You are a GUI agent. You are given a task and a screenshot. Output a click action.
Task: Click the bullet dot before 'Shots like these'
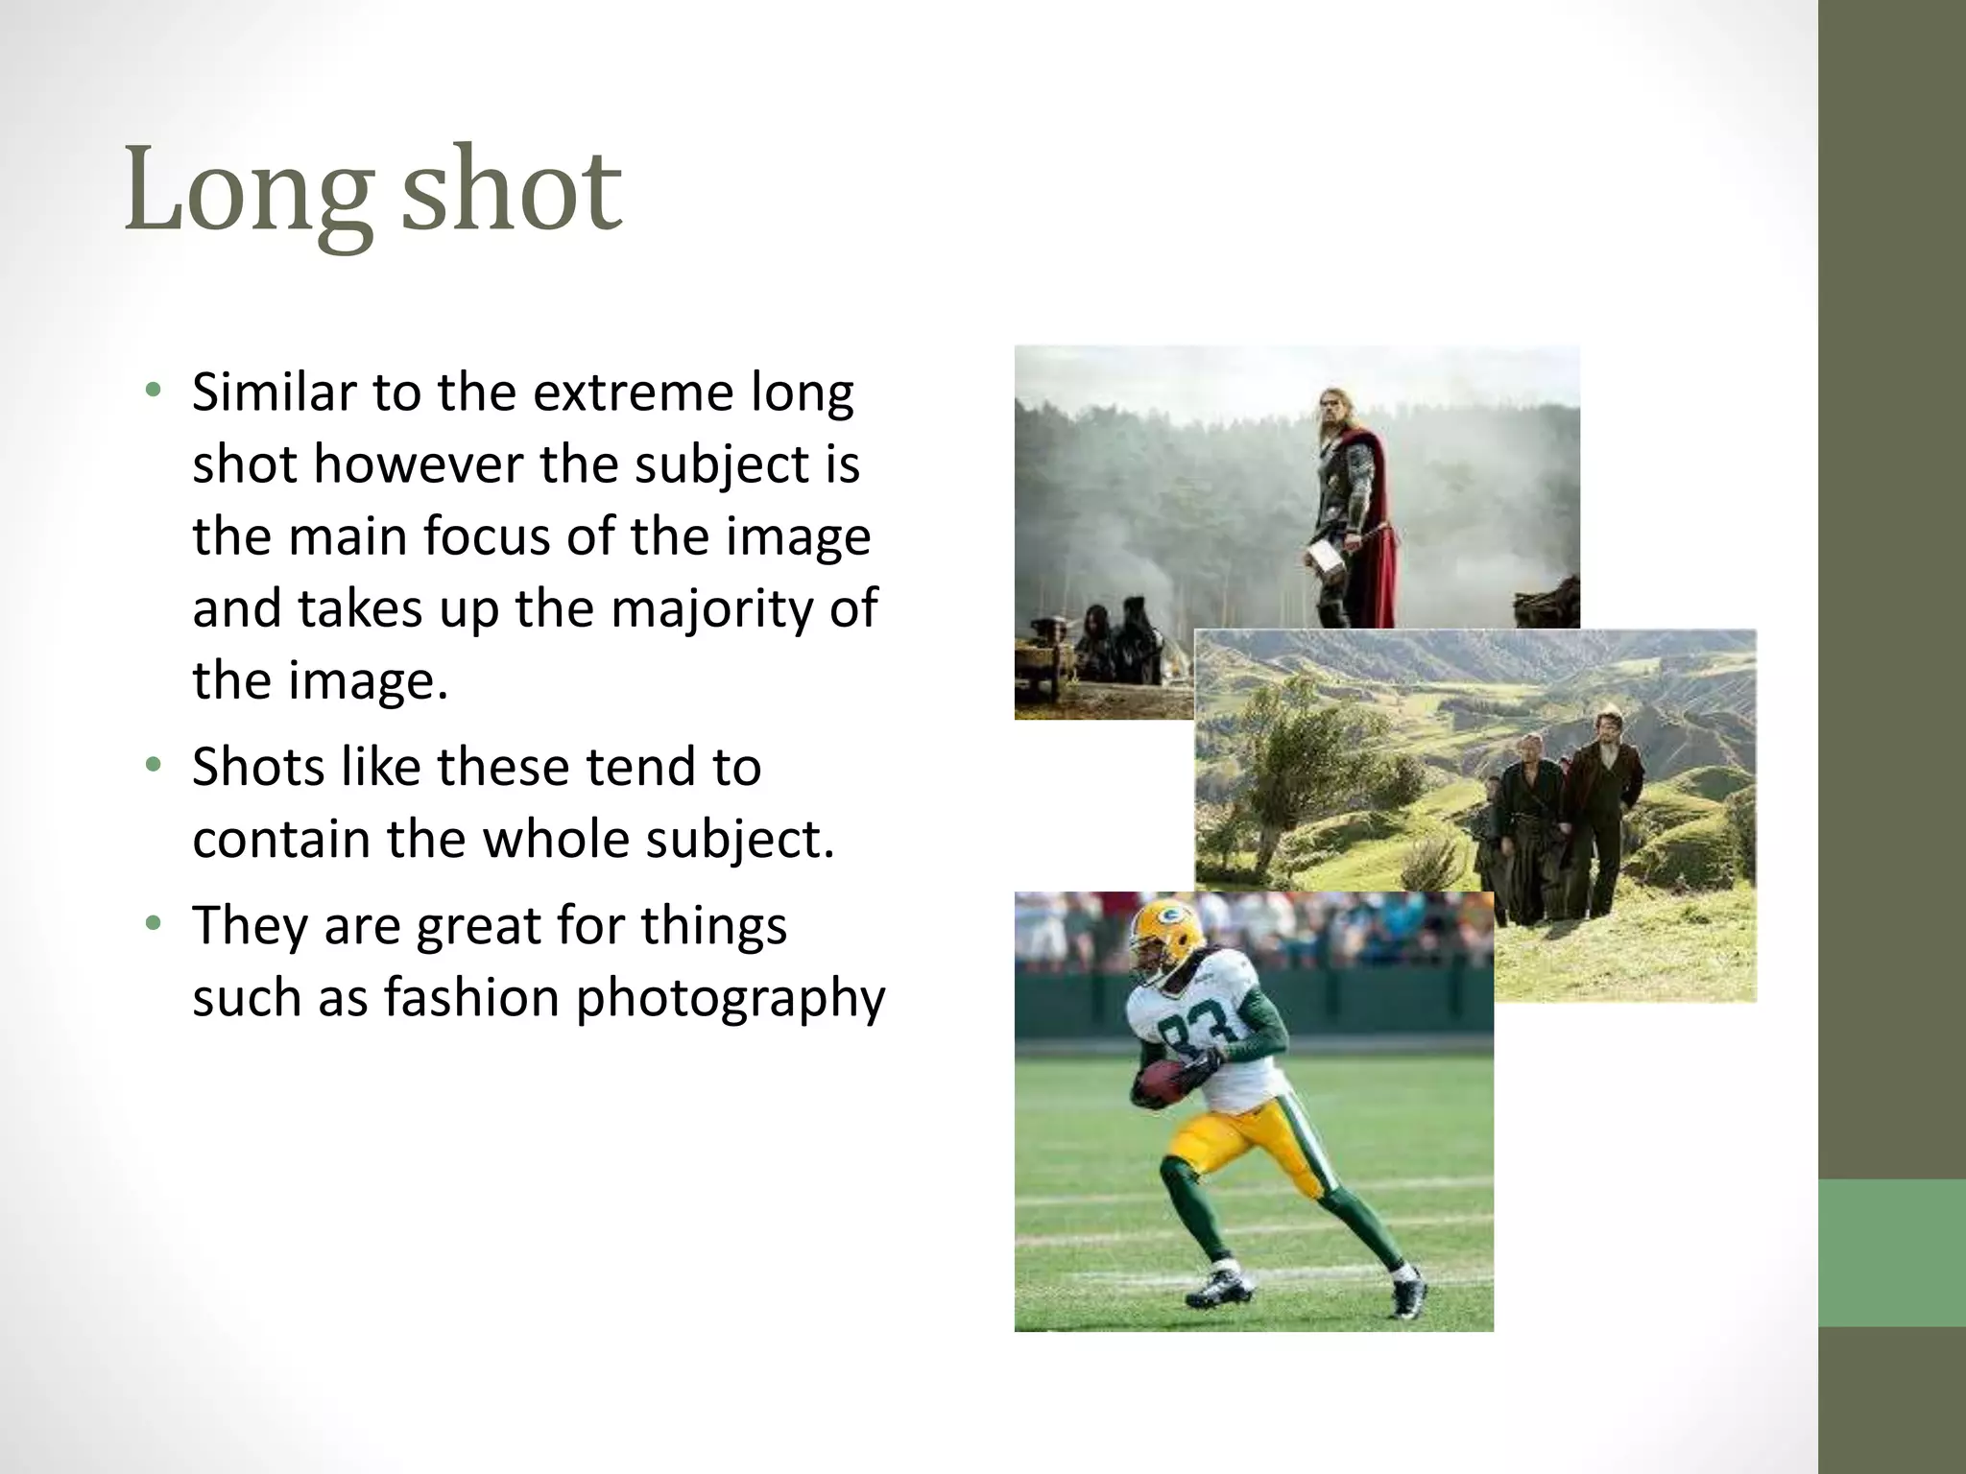click(x=153, y=766)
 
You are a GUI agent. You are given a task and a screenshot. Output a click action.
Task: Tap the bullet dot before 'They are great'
click(x=153, y=924)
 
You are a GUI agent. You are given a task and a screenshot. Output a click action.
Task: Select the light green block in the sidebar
click(x=1891, y=1252)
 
